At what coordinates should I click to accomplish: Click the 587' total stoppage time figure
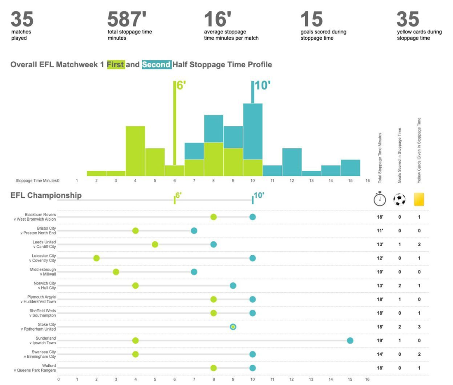point(127,19)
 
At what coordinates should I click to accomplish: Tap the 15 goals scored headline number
point(311,19)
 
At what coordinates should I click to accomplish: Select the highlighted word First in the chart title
point(116,65)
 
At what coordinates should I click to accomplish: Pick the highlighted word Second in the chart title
point(156,65)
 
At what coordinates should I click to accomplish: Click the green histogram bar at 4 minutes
point(135,151)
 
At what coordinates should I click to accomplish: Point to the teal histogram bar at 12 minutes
point(292,162)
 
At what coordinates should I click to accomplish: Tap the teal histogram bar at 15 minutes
point(350,168)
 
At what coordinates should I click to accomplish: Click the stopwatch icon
point(380,199)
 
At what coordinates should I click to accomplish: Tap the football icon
point(400,199)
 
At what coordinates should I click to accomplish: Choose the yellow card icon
point(419,199)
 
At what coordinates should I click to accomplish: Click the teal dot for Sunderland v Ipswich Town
point(350,341)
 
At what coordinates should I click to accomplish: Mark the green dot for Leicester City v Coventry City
point(97,258)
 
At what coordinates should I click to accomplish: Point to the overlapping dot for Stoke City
point(233,327)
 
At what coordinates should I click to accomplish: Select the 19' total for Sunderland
point(380,341)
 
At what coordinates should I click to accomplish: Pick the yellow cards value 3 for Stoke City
point(419,327)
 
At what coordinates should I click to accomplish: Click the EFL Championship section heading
point(46,196)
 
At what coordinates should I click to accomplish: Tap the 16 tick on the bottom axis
point(367,379)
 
